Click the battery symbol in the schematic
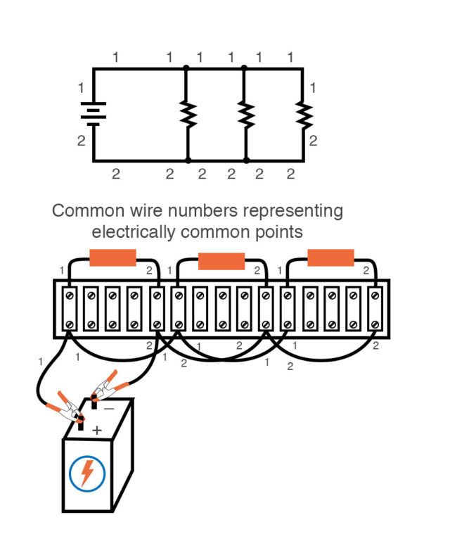click(x=93, y=114)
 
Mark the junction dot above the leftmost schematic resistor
click(x=186, y=68)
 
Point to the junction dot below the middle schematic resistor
click(x=245, y=160)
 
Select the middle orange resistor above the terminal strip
click(x=221, y=262)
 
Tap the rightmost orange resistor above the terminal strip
click(x=330, y=258)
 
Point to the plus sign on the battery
click(x=96, y=430)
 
